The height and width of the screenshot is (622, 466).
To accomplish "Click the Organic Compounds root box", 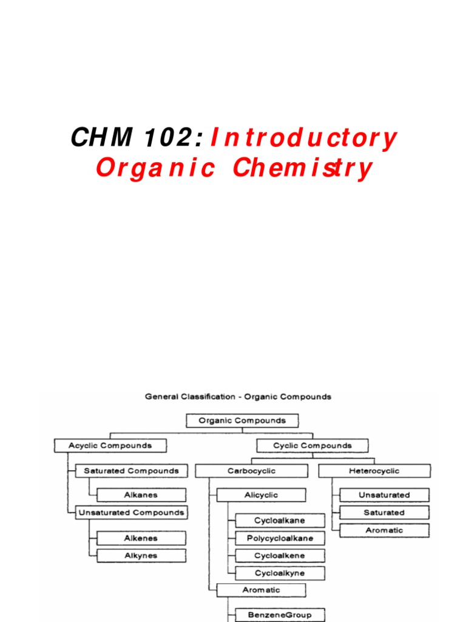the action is (242, 420).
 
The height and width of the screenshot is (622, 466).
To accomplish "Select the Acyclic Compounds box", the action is (110, 445).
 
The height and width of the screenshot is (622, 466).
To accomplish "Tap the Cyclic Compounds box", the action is (312, 445).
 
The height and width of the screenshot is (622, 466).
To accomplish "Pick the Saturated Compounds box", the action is (131, 471).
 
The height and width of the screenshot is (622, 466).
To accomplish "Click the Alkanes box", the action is (141, 495).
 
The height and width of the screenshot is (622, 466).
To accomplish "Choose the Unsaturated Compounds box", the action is (131, 513).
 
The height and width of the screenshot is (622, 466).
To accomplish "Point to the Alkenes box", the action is (141, 538).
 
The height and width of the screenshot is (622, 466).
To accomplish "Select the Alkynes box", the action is (141, 555).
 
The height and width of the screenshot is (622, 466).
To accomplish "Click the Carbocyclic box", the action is (251, 471).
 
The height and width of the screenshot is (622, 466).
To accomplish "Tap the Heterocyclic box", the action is (374, 471).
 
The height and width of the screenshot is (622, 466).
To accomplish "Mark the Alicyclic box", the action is (261, 495).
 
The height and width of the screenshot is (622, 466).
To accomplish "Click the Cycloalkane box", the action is (280, 521).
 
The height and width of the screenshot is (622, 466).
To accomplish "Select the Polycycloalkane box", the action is (280, 538).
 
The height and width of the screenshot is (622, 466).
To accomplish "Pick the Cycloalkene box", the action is (280, 555).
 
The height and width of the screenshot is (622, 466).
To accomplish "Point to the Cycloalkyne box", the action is (280, 573).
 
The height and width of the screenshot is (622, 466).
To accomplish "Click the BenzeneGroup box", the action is (280, 615).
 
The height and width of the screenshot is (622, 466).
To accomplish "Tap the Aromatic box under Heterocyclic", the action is (384, 530).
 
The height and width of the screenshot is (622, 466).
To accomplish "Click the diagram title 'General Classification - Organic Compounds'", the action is (238, 397).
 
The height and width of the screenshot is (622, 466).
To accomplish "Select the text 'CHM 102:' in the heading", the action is (137, 138).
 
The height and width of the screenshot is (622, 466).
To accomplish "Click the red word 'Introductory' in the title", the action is (303, 138).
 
